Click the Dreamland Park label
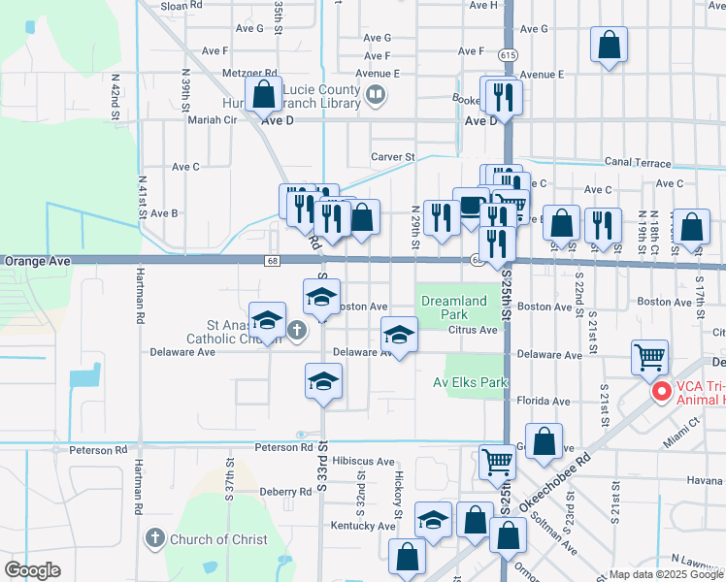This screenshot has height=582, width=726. tap(453, 307)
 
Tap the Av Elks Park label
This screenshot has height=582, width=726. tap(471, 382)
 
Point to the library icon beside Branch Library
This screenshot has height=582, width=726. tap(376, 95)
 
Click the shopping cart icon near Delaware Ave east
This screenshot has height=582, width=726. tap(649, 356)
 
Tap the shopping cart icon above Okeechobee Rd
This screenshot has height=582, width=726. tap(498, 463)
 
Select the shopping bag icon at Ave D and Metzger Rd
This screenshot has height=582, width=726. tap(264, 95)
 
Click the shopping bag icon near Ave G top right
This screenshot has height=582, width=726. tap(609, 44)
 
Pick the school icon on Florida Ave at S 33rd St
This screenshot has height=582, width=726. tap(324, 380)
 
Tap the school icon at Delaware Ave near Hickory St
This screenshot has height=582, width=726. tap(399, 335)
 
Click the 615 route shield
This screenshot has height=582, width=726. tap(508, 56)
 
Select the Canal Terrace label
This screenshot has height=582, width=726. tap(643, 162)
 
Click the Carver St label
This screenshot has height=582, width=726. tap(393, 156)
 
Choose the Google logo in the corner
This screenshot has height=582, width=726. tap(32, 570)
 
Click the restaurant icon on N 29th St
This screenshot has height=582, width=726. tap(442, 217)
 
